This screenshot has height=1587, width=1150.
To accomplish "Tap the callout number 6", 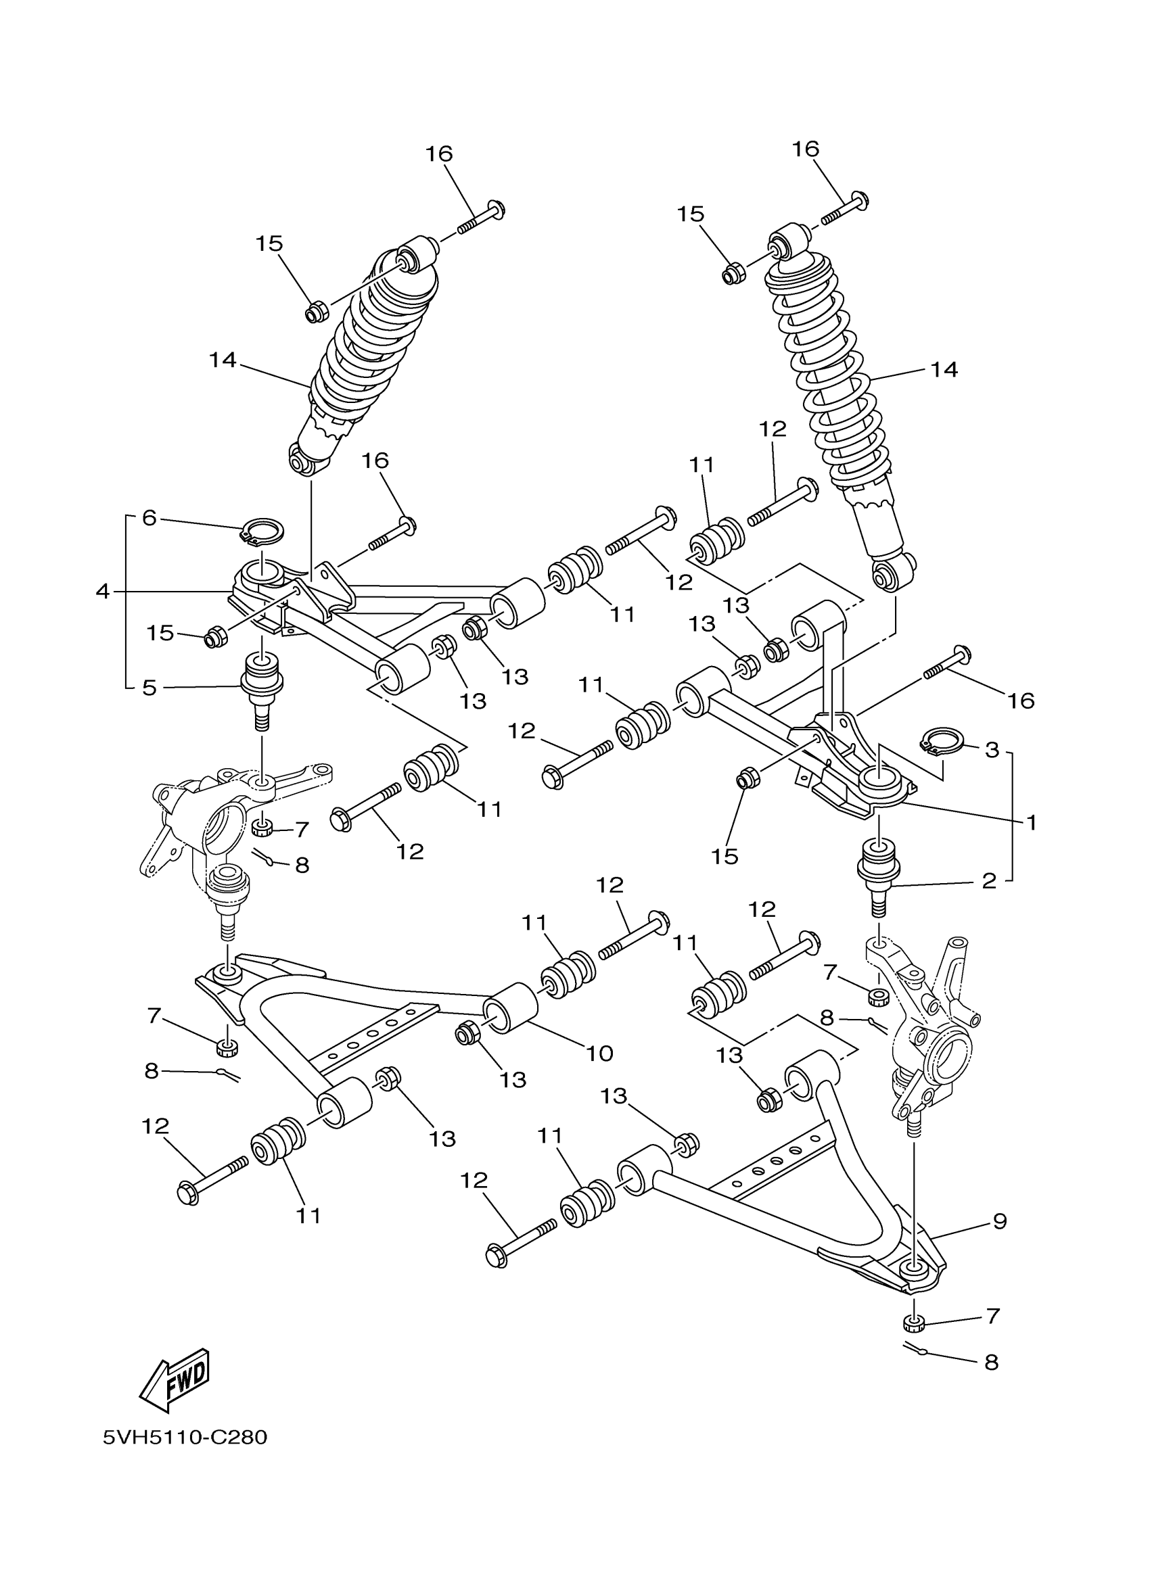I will coord(148,518).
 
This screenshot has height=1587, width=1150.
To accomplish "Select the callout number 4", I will coord(103,591).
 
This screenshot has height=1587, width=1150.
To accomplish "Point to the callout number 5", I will coord(148,687).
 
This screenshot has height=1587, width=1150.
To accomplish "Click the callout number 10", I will coord(599,1053).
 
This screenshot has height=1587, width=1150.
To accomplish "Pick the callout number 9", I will coord(1000,1221).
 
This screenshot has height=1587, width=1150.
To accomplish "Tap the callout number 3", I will coord(992,750).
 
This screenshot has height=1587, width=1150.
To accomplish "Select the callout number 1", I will coord(1030,822).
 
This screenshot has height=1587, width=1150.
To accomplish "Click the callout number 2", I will coord(988,880).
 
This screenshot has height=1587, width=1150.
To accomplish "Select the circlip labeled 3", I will coord(942,740).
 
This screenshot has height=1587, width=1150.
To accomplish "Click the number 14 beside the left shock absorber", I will coord(223,360).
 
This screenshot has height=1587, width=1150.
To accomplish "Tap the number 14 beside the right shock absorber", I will coord(944,369).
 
